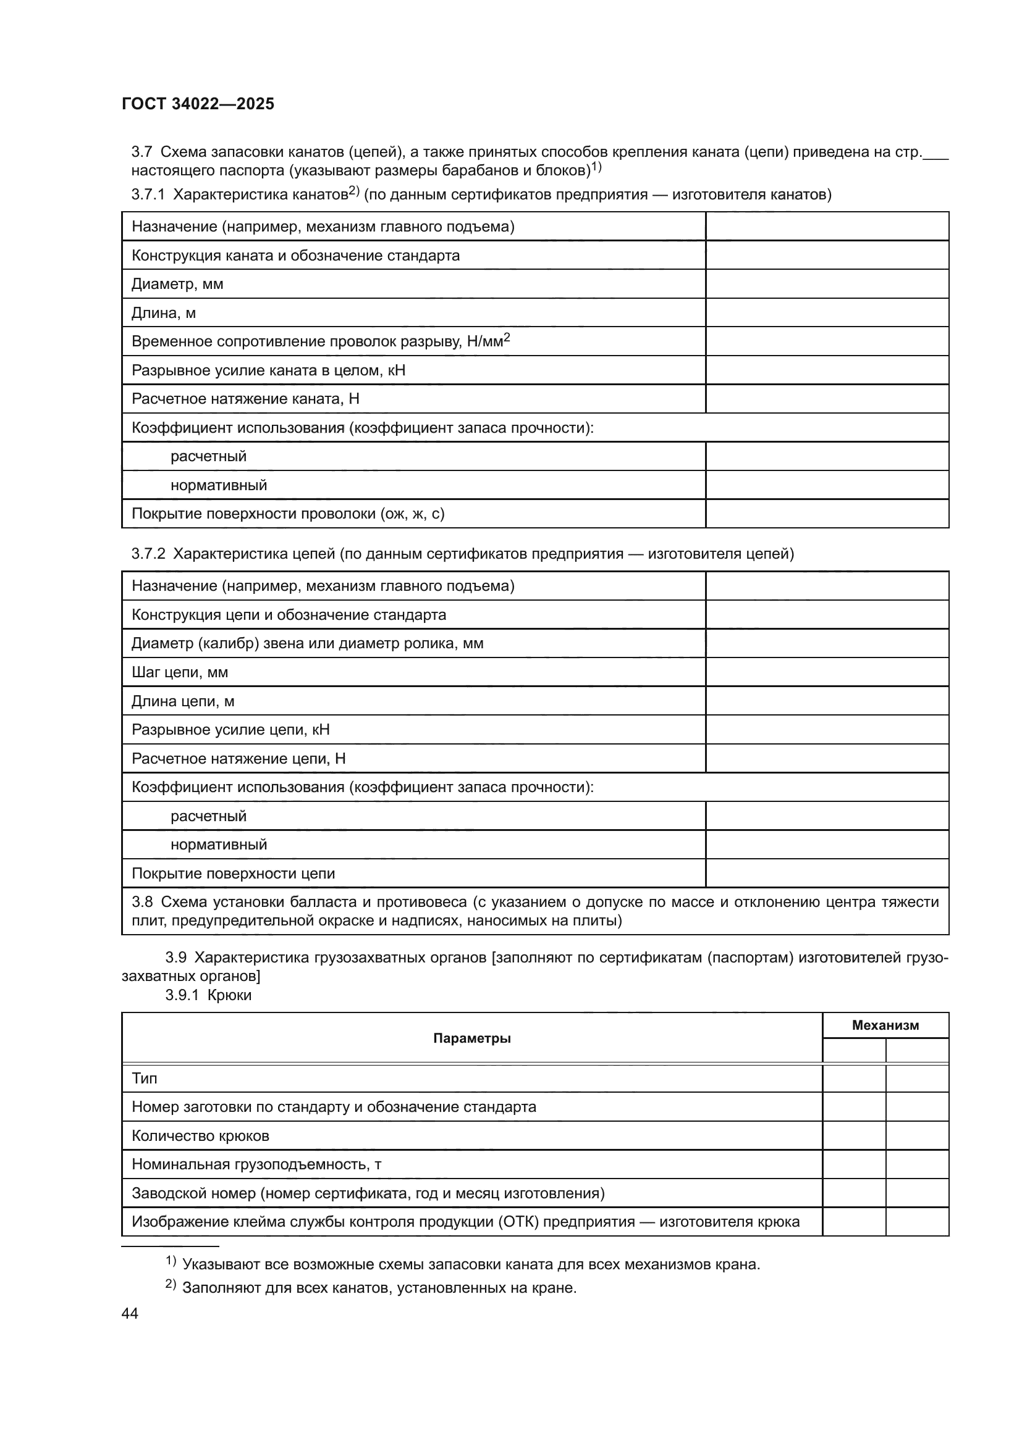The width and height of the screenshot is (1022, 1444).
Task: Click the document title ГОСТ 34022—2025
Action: [x=198, y=104]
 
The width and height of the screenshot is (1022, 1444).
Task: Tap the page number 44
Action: [x=130, y=1313]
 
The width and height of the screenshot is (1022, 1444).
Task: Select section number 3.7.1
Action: [x=148, y=195]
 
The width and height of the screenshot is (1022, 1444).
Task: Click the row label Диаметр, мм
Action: [x=177, y=284]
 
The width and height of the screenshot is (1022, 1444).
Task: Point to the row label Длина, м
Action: [x=164, y=313]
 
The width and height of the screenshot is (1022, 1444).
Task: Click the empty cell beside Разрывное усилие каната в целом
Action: [x=826, y=370]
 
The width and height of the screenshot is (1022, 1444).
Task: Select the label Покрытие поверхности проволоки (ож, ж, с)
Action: [x=287, y=514]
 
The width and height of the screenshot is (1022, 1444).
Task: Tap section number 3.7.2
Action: [x=148, y=554]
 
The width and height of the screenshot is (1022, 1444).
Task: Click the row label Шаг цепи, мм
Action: [x=179, y=672]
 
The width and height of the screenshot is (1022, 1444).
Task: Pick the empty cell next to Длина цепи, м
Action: [x=826, y=701]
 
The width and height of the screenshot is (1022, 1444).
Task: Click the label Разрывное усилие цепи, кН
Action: [x=230, y=730]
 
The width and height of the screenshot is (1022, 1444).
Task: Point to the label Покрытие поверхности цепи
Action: [x=233, y=874]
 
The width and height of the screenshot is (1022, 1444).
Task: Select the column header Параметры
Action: [x=471, y=1038]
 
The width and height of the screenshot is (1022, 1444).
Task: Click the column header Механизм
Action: [x=885, y=1026]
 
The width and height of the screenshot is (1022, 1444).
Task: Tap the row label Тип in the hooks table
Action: [x=144, y=1079]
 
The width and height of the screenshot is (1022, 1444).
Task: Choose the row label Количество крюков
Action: [x=200, y=1136]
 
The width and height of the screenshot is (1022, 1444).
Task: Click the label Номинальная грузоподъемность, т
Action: [x=256, y=1164]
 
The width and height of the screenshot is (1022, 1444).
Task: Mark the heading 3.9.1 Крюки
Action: [x=208, y=995]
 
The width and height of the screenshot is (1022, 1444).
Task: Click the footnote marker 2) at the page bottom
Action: [x=171, y=1285]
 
